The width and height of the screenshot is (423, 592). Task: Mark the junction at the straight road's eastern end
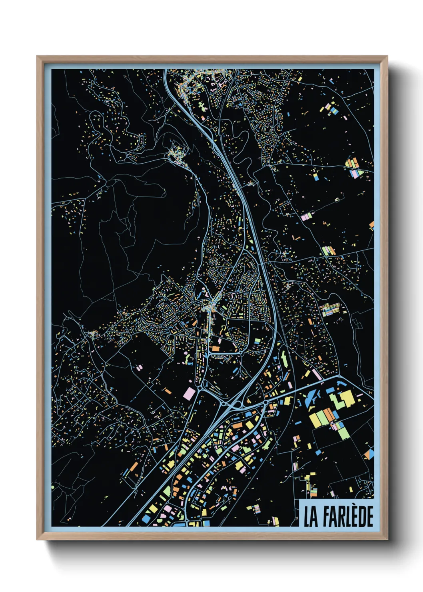(x=339, y=376)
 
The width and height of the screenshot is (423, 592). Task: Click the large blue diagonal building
(x=310, y=398)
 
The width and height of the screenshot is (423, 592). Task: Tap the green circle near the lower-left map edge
(x=53, y=487)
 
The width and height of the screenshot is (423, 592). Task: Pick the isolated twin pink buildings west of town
(x=139, y=367)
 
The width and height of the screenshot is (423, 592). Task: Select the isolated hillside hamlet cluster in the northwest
(x=176, y=154)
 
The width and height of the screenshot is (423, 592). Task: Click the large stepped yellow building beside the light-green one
(x=346, y=398)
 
